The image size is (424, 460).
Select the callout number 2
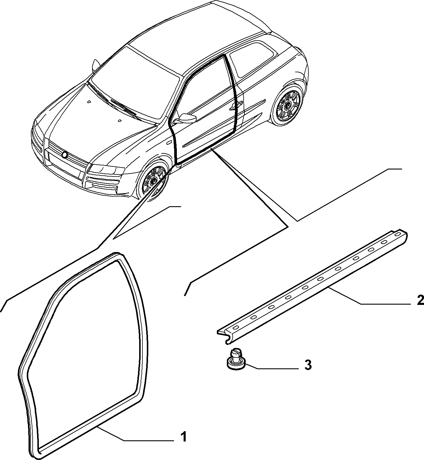(420, 300)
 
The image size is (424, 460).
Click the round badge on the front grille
(64, 155)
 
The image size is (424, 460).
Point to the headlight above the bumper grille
(106, 169)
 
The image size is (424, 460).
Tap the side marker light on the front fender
(169, 142)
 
